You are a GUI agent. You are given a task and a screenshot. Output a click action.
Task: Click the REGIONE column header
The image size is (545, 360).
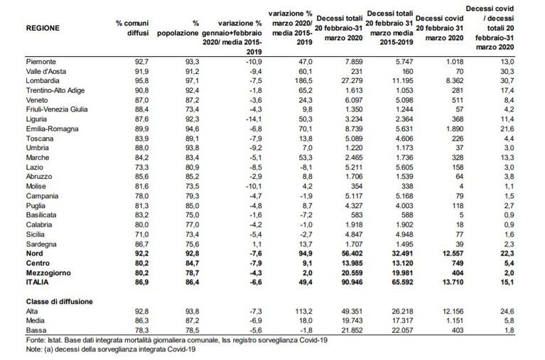coord(43,28)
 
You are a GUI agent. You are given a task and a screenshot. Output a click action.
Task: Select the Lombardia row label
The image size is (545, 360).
coord(43,81)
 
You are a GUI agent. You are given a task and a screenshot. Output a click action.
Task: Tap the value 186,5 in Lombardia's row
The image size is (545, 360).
coord(303,81)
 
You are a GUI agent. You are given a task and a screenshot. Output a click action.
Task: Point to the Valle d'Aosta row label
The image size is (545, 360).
coord(46,71)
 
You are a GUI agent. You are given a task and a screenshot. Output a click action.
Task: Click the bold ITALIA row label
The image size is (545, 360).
coord(37,282)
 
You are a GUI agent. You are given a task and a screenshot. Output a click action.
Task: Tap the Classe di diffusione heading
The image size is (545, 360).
coord(60,302)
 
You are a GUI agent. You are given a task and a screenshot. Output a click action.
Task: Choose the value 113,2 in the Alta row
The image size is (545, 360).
coord(303,311)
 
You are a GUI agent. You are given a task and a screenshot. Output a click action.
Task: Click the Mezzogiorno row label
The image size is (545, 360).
coord(48,273)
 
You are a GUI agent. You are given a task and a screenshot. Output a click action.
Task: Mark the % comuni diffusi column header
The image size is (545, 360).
coord(132,28)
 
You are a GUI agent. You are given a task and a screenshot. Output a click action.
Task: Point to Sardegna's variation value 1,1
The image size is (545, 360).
coord(257,244)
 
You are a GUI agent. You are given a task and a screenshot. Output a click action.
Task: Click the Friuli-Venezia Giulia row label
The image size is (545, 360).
coord(57,109)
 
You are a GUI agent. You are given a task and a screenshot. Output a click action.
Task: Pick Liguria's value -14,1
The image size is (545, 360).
coord(253,119)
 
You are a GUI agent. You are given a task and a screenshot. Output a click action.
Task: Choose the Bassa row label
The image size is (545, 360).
coord(36,330)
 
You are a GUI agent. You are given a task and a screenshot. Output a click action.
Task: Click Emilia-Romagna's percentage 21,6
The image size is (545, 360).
coord(507,129)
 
